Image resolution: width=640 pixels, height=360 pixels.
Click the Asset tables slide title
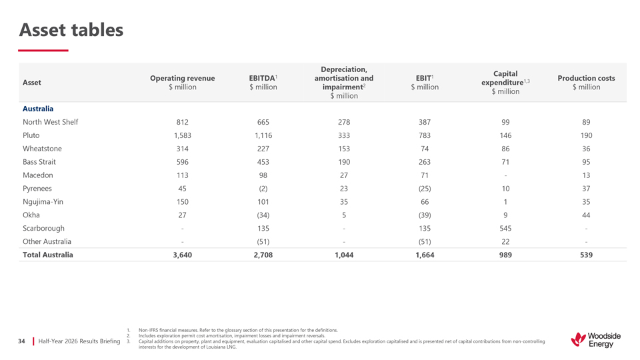(x=71, y=30)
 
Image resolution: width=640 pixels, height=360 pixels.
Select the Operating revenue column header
(x=183, y=83)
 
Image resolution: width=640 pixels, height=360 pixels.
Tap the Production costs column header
(x=586, y=83)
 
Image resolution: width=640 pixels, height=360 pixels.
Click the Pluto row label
(x=31, y=135)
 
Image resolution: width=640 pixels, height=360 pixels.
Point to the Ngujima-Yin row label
(x=43, y=201)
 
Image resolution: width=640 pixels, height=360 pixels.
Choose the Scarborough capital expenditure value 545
(x=505, y=228)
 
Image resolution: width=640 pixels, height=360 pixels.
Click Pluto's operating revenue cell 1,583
(x=183, y=135)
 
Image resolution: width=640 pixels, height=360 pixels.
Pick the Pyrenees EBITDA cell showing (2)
(x=263, y=189)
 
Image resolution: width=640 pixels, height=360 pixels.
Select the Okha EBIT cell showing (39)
(x=425, y=215)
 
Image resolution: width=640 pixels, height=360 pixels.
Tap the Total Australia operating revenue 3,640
(x=183, y=255)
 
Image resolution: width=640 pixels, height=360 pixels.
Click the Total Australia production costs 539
(x=586, y=255)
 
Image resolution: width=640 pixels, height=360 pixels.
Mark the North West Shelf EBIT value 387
(x=425, y=122)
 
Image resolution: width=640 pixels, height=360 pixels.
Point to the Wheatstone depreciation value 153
(x=344, y=149)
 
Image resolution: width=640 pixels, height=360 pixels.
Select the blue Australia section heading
(x=38, y=109)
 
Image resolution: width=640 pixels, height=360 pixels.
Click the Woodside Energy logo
(x=596, y=339)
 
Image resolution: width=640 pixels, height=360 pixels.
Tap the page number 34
(x=21, y=341)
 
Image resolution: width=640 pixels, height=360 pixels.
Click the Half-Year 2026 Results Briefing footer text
(x=79, y=341)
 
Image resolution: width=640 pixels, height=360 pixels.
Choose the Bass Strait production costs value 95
(x=586, y=162)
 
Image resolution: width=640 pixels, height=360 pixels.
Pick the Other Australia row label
(x=47, y=241)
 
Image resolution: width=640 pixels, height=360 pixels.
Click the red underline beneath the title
(x=43, y=50)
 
